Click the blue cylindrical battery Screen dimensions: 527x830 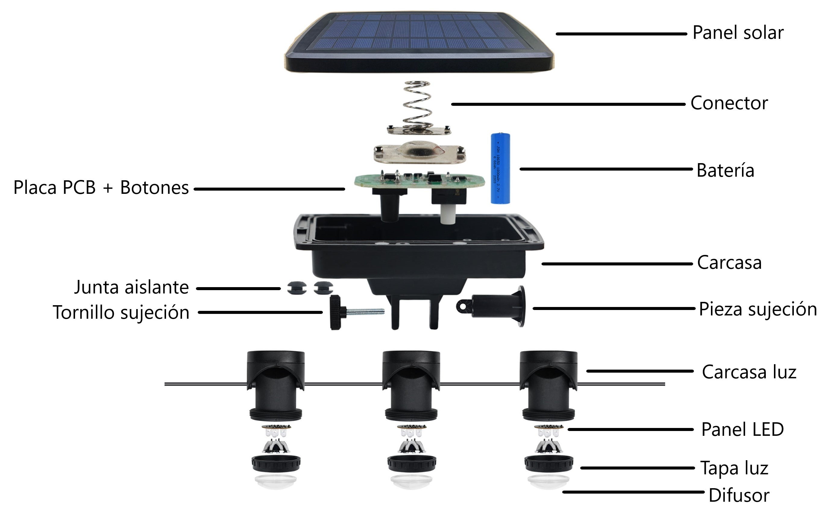click(500, 168)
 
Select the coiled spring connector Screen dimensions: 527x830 click(417, 105)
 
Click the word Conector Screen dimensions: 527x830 click(729, 103)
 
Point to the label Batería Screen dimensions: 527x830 click(725, 170)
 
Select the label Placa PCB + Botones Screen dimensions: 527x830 click(101, 188)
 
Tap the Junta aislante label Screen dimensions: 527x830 click(131, 287)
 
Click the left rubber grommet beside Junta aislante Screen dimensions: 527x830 click(297, 288)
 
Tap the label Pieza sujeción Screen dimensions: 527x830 click(758, 309)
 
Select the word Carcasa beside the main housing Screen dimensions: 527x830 click(729, 263)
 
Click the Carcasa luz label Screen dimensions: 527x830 click(749, 372)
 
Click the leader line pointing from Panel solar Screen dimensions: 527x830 click(621, 34)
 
